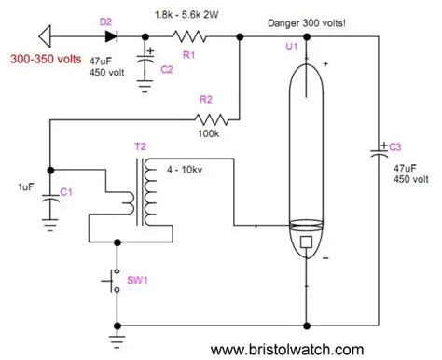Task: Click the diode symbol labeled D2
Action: (x=111, y=36)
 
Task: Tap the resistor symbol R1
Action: (x=189, y=36)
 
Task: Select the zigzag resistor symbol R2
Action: (x=212, y=119)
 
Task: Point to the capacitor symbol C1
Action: (x=50, y=199)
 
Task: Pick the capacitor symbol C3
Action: (x=379, y=152)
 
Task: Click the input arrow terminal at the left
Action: (x=45, y=36)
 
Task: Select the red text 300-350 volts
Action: (x=46, y=59)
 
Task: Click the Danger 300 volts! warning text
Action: (x=307, y=23)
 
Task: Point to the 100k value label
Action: (x=209, y=133)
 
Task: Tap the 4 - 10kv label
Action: (x=185, y=170)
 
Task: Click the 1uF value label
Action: (x=26, y=187)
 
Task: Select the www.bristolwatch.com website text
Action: (x=287, y=350)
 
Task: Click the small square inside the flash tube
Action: (x=307, y=242)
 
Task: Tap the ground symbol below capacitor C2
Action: (x=145, y=86)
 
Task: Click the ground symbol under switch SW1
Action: (x=117, y=341)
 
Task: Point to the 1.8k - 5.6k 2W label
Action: (x=186, y=15)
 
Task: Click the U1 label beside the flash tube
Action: (x=292, y=47)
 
